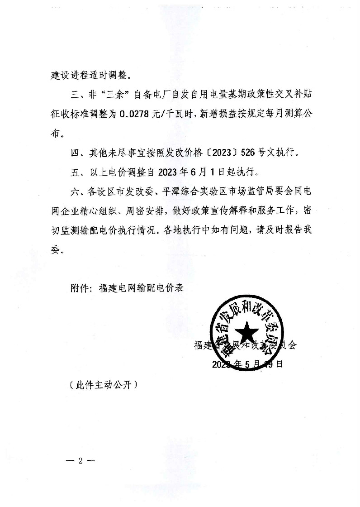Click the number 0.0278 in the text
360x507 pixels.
point(135,115)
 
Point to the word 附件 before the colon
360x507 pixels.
point(80,288)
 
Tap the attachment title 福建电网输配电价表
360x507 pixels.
point(141,288)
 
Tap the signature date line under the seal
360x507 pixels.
point(247,364)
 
